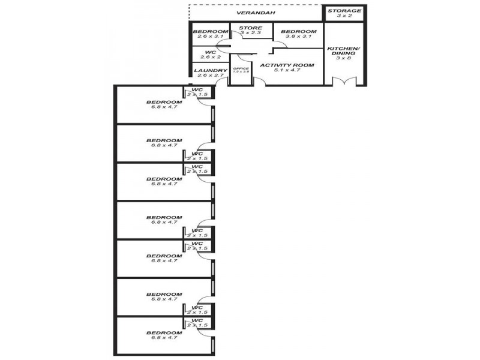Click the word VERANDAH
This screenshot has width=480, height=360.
(256, 12)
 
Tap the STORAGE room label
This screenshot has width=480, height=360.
(344, 11)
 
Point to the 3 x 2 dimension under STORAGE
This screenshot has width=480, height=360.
(344, 16)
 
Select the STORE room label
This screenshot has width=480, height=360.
(251, 28)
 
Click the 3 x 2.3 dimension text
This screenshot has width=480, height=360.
(251, 33)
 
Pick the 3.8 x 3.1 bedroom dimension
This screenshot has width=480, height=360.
(298, 37)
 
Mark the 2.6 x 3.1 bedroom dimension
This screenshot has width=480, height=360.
(210, 37)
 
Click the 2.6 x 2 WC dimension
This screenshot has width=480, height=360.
(210, 58)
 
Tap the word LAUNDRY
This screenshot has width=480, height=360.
(210, 70)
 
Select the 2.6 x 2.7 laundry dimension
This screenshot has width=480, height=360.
(210, 76)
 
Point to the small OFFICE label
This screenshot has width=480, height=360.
(241, 68)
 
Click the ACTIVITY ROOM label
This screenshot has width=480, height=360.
(286, 65)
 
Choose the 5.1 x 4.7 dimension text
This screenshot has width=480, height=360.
(286, 70)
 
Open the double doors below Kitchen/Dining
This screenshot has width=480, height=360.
(344, 82)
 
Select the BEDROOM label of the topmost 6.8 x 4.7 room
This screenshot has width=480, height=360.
(164, 102)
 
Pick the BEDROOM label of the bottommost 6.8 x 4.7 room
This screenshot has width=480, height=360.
(164, 332)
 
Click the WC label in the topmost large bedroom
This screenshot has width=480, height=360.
(197, 90)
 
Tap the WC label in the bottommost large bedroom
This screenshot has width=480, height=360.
(197, 320)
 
